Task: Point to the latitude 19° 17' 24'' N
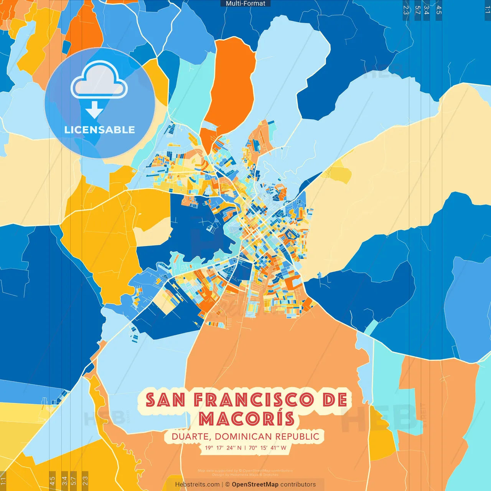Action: [x=223, y=448]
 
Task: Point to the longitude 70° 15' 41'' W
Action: [x=267, y=448]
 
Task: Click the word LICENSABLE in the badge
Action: [x=99, y=130]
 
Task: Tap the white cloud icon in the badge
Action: [x=99, y=80]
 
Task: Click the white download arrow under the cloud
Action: [x=94, y=110]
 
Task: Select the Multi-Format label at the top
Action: [x=245, y=3]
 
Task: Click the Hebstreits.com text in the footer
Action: [x=197, y=484]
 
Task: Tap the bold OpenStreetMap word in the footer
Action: [x=255, y=484]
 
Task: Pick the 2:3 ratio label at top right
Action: [x=406, y=10]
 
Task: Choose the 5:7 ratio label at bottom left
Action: [x=73, y=481]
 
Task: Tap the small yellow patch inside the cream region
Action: [x=339, y=173]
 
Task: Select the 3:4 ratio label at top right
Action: [x=427, y=10]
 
